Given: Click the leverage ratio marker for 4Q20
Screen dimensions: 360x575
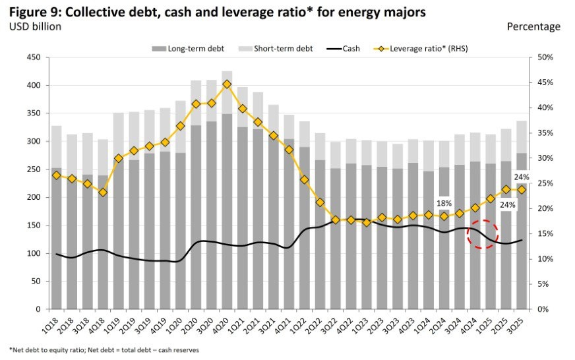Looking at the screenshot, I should [x=227, y=84].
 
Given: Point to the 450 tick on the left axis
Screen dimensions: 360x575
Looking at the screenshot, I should [x=33, y=58].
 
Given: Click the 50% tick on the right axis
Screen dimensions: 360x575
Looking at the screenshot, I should [x=545, y=58].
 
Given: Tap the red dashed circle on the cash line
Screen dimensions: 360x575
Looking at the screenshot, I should [x=482, y=234].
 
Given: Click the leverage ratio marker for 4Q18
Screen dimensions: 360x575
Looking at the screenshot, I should [x=102, y=192].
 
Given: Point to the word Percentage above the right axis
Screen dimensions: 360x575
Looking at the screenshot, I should [x=533, y=27].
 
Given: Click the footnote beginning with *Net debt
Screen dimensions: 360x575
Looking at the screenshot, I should [x=104, y=349].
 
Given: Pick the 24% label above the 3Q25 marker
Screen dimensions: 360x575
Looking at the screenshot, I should [x=522, y=176].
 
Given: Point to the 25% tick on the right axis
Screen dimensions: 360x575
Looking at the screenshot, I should [x=545, y=184].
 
